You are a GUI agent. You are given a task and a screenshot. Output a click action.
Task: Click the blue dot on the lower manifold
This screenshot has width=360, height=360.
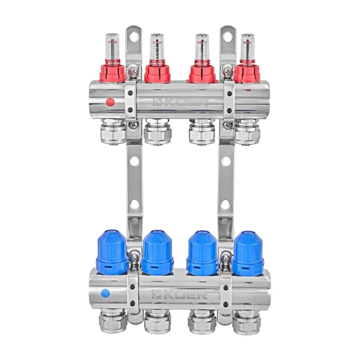coord(105,293)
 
